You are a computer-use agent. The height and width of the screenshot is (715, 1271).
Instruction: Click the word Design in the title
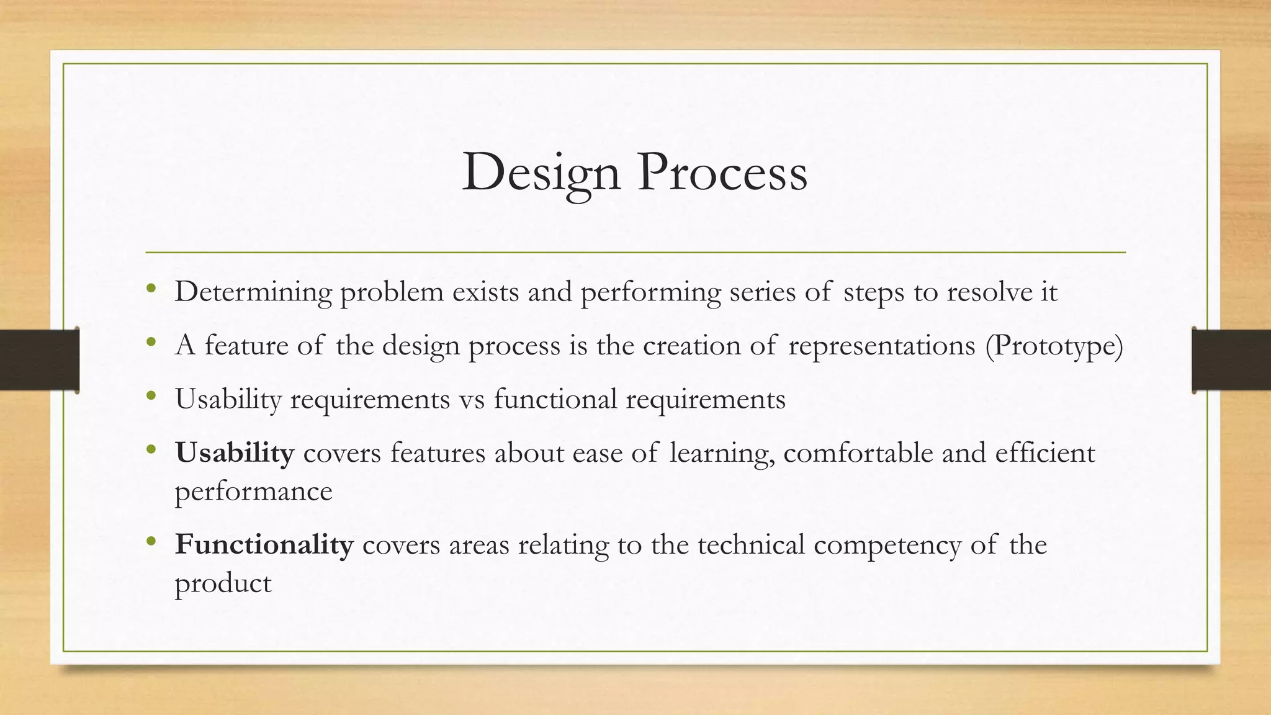541,173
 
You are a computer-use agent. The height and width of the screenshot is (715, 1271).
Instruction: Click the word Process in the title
722,173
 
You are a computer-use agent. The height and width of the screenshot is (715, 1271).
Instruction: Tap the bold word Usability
234,452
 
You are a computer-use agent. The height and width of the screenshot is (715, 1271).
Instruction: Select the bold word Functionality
264,544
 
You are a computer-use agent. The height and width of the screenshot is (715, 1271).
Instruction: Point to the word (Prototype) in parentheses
1054,346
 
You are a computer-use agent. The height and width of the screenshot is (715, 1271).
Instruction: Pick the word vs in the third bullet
472,399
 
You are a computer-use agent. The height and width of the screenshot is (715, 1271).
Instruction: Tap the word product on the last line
223,583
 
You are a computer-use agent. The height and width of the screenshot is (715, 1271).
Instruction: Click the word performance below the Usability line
253,492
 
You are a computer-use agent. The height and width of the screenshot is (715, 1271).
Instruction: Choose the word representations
881,346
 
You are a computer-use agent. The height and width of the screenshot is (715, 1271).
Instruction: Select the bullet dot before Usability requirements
151,395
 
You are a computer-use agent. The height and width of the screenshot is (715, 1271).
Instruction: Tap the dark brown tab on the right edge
1231,360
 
